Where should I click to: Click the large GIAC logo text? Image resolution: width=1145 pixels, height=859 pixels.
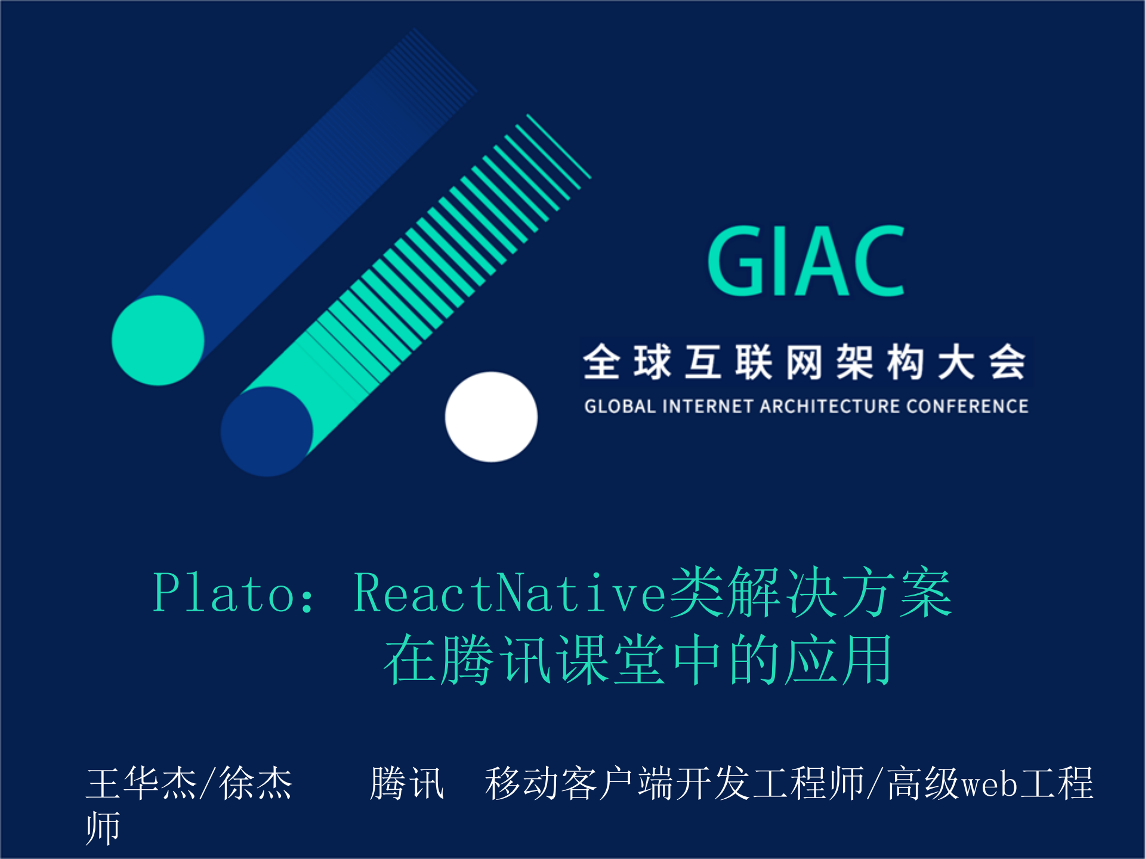pos(805,261)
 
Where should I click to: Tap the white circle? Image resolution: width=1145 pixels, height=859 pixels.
pos(491,417)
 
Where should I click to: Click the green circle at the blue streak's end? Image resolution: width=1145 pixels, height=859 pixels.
pos(158,340)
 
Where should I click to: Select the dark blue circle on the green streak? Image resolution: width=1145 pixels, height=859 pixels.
pos(267,431)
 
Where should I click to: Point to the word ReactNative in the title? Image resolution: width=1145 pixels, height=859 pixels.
pos(510,593)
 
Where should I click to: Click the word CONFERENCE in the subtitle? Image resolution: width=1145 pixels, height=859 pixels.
pos(967,407)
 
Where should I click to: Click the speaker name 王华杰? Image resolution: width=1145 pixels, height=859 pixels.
pos(141,783)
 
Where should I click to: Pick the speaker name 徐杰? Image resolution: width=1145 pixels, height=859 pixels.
pos(255,783)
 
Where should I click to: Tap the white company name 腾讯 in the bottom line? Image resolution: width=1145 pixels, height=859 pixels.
pos(407,783)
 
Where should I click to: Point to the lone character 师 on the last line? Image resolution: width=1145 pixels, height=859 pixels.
pos(103,828)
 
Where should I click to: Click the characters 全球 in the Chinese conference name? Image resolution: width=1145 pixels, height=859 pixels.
pos(626,362)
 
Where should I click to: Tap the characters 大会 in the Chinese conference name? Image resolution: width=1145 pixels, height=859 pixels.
pos(982,362)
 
